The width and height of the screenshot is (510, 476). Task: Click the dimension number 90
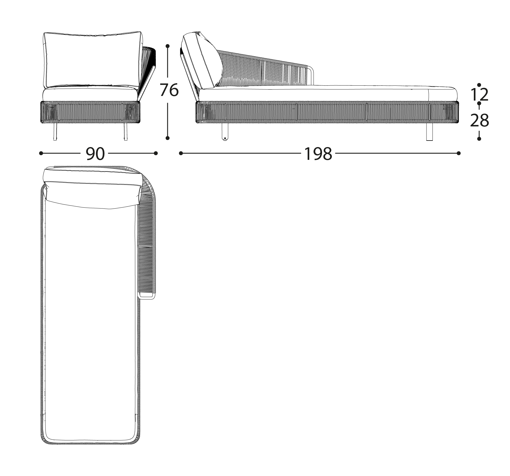click(x=95, y=154)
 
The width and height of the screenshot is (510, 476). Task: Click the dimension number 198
click(x=318, y=154)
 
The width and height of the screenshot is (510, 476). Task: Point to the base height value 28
click(x=479, y=120)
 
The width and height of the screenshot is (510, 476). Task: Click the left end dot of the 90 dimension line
click(x=41, y=153)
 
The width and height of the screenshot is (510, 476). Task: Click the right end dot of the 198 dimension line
click(x=459, y=153)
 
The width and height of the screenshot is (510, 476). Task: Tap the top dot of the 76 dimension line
click(x=168, y=46)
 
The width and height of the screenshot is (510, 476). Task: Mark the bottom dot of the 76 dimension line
click(x=168, y=138)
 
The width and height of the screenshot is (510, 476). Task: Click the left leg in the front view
click(x=55, y=132)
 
